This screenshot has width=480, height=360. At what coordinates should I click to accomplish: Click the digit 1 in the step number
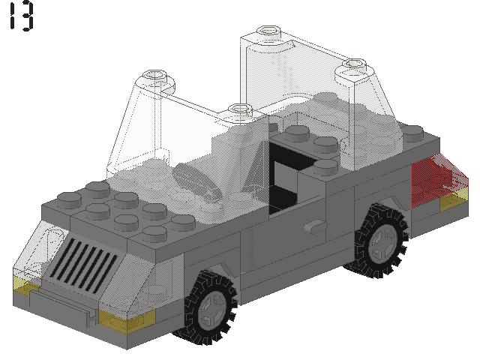tap(12, 16)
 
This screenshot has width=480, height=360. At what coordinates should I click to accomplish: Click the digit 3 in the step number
tap(26, 16)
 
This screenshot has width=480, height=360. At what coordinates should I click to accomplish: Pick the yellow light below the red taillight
tap(453, 201)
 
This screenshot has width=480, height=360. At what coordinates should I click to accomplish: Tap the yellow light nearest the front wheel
tap(127, 321)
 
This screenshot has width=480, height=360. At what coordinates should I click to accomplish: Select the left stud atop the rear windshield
tap(267, 34)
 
